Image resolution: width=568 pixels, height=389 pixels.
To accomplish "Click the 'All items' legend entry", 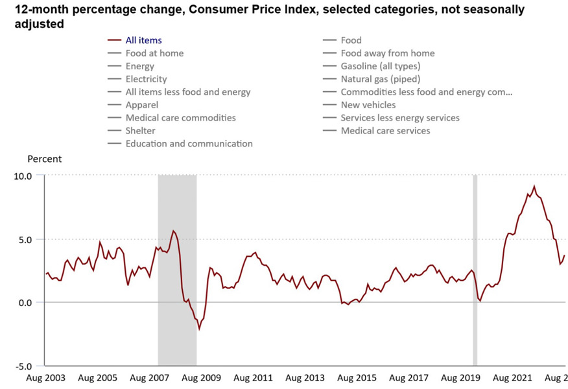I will click(143, 40).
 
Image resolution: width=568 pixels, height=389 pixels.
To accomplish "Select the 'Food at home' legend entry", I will click(154, 53).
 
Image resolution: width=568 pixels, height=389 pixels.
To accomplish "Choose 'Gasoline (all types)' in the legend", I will click(380, 66).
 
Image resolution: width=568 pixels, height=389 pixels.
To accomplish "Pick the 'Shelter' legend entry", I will click(140, 130).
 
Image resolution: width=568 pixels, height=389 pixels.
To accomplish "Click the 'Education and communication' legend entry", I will click(189, 143).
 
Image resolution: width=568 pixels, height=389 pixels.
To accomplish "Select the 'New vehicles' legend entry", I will click(368, 104).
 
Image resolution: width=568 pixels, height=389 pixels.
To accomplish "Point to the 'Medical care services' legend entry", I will click(385, 130).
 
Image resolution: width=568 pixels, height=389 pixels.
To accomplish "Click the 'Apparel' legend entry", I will click(142, 104).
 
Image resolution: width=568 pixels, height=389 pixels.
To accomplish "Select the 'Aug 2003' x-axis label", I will click(45, 377).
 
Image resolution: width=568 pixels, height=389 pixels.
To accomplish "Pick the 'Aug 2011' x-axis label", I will click(253, 377).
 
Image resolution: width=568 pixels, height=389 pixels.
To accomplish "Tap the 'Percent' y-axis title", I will click(45, 159).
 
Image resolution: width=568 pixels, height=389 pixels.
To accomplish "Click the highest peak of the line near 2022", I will click(534, 187).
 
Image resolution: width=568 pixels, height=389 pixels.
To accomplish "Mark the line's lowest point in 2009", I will click(199, 329).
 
